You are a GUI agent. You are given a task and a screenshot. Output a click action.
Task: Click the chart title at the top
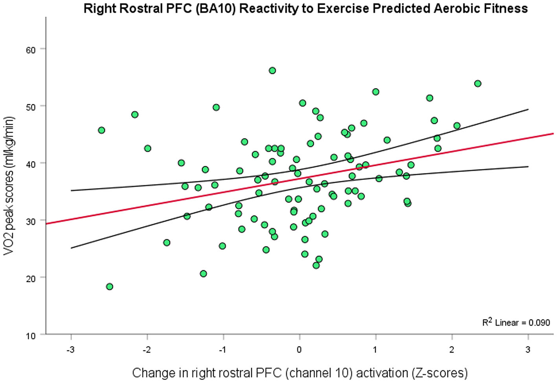(305, 8)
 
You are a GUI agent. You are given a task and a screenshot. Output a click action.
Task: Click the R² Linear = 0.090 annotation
(516, 322)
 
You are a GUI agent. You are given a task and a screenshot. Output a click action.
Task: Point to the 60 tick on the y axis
(31, 50)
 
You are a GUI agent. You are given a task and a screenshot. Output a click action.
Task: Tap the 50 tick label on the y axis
(31, 107)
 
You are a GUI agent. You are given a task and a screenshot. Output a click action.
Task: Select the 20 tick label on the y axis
(31, 278)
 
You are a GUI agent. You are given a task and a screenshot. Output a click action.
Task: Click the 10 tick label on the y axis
(31, 335)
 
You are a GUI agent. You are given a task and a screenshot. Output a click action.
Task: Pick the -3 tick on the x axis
(71, 349)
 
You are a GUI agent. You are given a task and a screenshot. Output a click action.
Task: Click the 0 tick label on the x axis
(300, 349)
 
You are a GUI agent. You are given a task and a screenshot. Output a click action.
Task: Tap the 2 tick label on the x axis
(452, 349)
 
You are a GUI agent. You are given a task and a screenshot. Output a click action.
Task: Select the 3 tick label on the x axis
(528, 349)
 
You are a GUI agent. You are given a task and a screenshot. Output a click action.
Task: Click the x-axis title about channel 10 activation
(300, 372)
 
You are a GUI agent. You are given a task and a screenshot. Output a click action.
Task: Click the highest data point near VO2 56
(272, 70)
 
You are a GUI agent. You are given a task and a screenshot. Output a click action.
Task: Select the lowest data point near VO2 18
(110, 286)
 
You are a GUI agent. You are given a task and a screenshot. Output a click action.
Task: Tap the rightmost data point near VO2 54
(478, 83)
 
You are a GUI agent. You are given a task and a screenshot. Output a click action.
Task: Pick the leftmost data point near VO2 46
(101, 130)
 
